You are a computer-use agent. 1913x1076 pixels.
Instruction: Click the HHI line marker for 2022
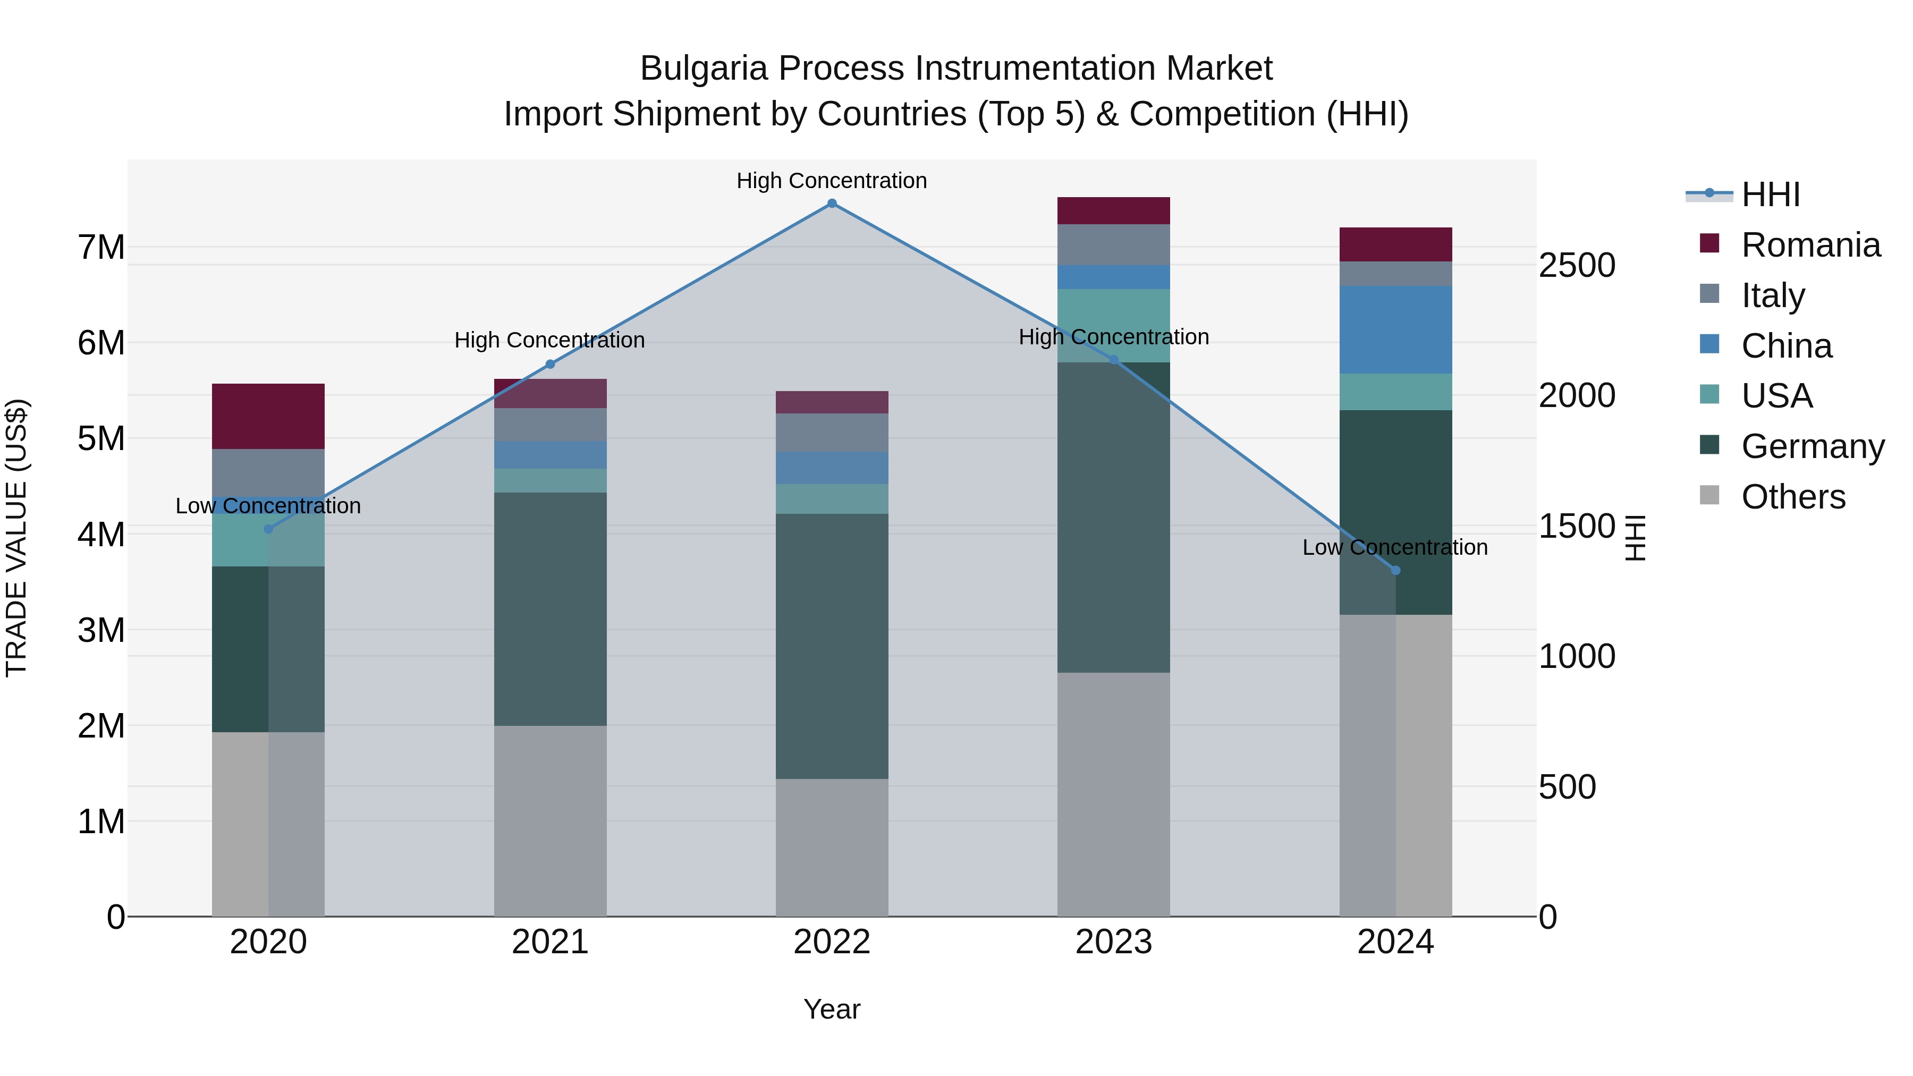pos(832,204)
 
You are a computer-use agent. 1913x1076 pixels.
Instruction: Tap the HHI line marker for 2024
pos(1395,570)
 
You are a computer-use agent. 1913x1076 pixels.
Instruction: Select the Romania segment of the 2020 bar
pos(268,416)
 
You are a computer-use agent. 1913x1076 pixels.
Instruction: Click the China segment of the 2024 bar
pos(1395,329)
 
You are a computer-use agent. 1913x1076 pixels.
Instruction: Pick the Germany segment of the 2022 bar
pos(832,646)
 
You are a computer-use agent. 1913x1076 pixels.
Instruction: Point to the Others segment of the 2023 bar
pos(1113,794)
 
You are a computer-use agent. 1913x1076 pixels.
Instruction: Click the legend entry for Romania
pos(1810,245)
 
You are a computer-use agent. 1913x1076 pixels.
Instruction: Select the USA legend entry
pos(1776,396)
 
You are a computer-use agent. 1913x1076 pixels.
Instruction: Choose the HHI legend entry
pos(1771,194)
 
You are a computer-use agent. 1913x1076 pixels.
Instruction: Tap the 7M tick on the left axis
pos(101,247)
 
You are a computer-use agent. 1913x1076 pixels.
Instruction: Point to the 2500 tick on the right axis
pos(1577,266)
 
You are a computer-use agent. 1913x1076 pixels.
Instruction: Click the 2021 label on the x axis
pos(549,942)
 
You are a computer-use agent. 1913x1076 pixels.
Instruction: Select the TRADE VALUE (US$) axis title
pos(16,538)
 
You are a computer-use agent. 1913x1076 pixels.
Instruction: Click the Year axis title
pos(832,1009)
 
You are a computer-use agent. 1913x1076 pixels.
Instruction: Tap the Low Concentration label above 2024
pos(1395,547)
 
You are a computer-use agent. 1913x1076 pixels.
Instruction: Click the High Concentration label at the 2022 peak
pos(832,181)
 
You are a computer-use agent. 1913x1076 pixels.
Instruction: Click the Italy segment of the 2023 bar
pos(1113,244)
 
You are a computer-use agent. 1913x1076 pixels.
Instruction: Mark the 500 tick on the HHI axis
pos(1567,787)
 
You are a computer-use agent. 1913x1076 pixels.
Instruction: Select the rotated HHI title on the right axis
pos(1635,538)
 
